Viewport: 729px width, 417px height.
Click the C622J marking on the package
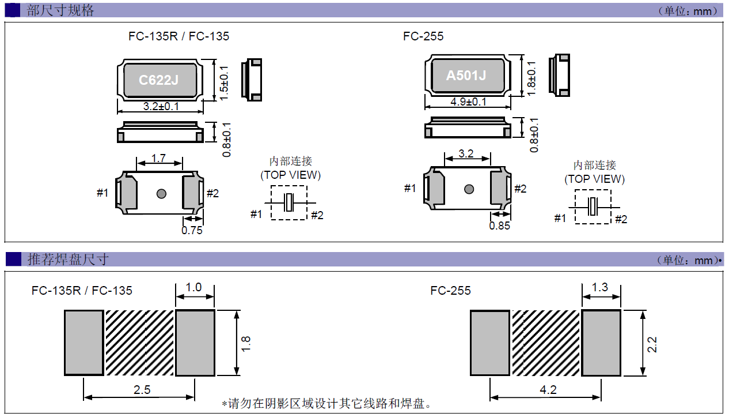[x=158, y=80]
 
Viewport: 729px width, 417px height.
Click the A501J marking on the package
[x=466, y=76]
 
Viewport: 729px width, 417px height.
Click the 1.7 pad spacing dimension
[x=159, y=157]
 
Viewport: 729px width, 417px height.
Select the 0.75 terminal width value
[x=192, y=230]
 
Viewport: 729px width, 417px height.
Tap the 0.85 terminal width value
[x=499, y=226]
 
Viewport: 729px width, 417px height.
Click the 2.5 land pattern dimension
[x=142, y=390]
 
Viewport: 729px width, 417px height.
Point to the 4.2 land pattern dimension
[x=548, y=390]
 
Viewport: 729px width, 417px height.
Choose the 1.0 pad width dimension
[x=195, y=287]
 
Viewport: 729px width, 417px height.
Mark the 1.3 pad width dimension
[x=600, y=287]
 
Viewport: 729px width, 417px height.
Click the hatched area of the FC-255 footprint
[x=545, y=343]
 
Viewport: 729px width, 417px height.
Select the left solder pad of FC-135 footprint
[x=83, y=343]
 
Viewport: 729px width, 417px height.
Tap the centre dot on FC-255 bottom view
[x=469, y=189]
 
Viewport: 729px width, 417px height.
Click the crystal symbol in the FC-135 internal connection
[x=289, y=202]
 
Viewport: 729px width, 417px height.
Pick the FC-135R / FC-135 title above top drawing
[x=179, y=36]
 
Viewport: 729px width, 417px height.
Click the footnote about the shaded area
[x=326, y=404]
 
